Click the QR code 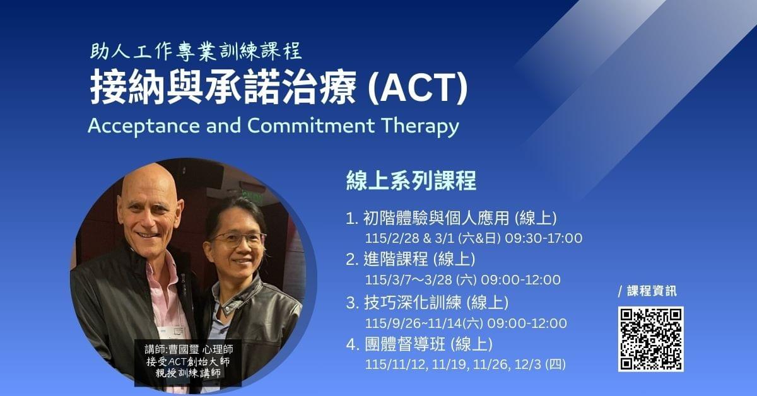[x=651, y=339]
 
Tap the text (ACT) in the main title [x=418, y=88]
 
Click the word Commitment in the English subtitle [x=311, y=125]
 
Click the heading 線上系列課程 [x=411, y=181]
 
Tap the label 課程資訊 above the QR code [x=652, y=291]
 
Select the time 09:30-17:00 [x=543, y=238]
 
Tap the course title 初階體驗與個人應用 [x=437, y=218]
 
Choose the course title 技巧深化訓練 [x=413, y=303]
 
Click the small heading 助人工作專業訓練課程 [x=196, y=52]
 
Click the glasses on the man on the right [x=238, y=239]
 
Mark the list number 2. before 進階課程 [x=352, y=260]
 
